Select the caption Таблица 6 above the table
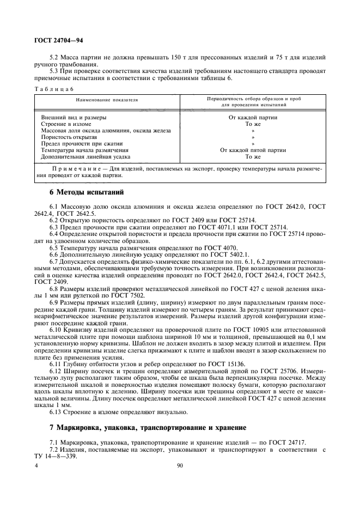point(53,88)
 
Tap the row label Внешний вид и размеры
point(74,117)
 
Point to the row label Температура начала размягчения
point(85,150)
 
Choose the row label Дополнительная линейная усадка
point(82,156)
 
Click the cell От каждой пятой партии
point(253,150)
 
